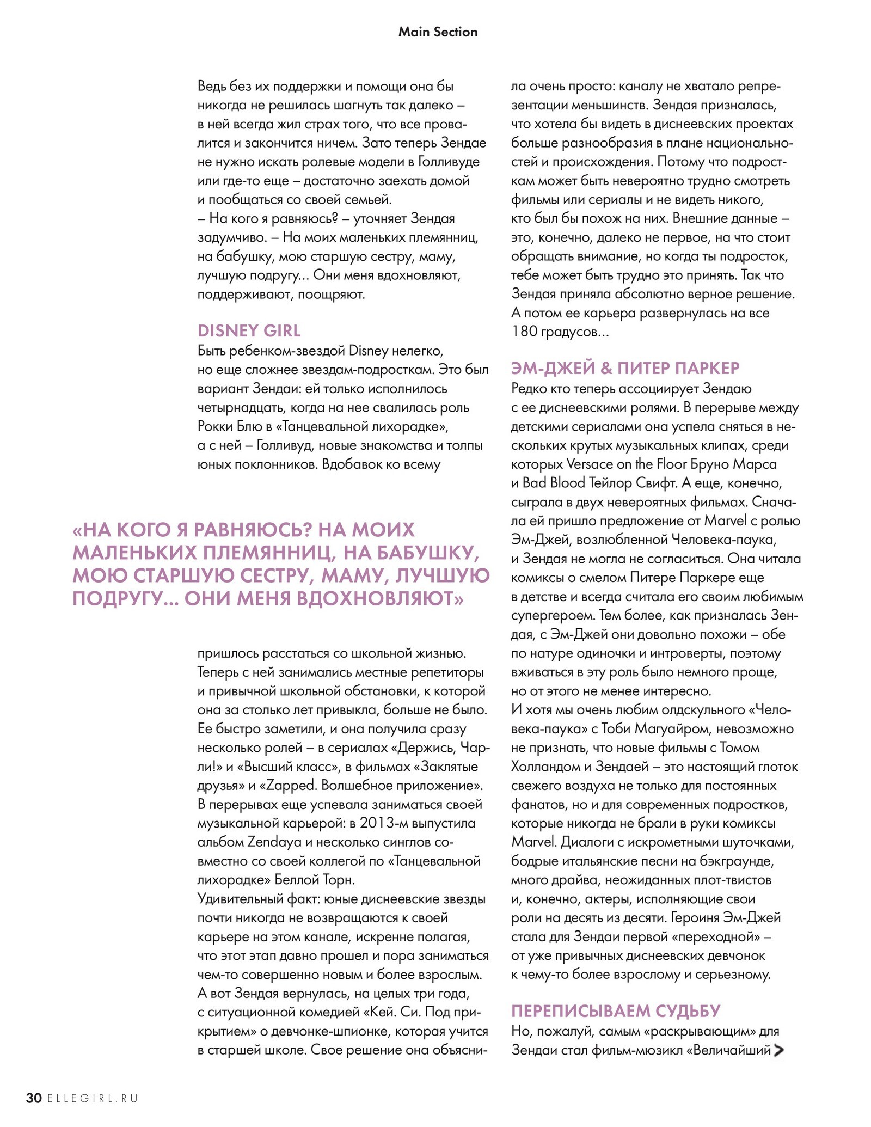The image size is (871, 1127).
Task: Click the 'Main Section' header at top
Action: pyautogui.click(x=438, y=32)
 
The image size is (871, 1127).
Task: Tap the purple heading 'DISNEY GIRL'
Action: pyautogui.click(x=249, y=330)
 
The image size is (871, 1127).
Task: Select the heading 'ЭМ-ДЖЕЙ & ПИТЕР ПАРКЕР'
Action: pyautogui.click(x=625, y=368)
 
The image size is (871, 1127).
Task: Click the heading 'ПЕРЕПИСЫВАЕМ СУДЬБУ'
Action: pyautogui.click(x=616, y=1011)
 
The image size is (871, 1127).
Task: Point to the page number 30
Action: pyautogui.click(x=34, y=1098)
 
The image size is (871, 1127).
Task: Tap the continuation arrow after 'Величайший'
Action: pyautogui.click(x=778, y=1050)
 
